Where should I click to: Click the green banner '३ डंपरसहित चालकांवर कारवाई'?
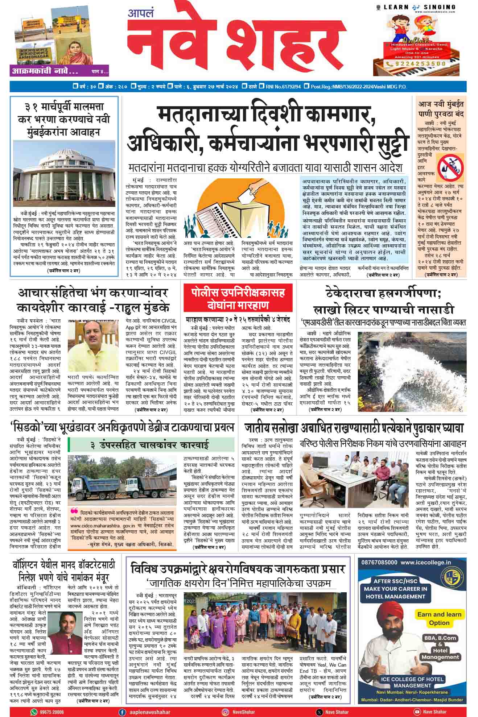tap(151, 445)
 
